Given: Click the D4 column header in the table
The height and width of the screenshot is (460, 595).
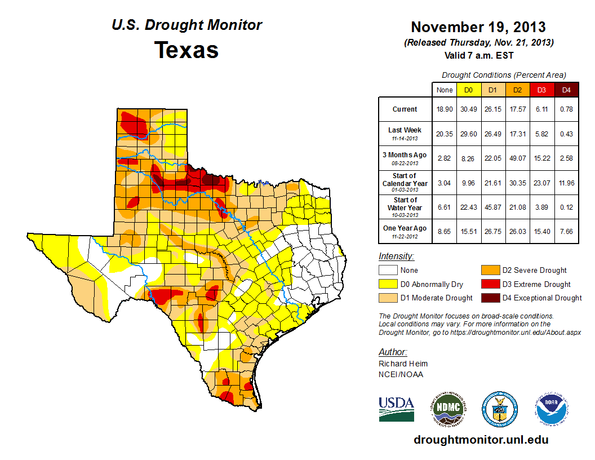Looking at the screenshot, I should pyautogui.click(x=567, y=90).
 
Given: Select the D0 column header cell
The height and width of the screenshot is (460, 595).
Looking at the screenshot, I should pyautogui.click(x=468, y=90).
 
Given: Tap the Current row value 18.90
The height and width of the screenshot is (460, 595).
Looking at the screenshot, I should pyautogui.click(x=444, y=109).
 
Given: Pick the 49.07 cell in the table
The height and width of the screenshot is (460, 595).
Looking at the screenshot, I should pyautogui.click(x=517, y=158).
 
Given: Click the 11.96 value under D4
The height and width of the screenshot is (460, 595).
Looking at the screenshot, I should pyautogui.click(x=567, y=183).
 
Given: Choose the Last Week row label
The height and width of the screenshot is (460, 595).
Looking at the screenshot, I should pyautogui.click(x=405, y=133).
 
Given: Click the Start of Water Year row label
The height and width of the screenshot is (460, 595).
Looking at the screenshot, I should pyautogui.click(x=405, y=207).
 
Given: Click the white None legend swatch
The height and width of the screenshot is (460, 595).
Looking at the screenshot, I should pyautogui.click(x=388, y=271).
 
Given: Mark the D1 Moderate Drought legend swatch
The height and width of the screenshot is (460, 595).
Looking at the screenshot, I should pyautogui.click(x=388, y=298).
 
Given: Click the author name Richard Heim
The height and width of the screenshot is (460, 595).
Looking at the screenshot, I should pyautogui.click(x=403, y=364).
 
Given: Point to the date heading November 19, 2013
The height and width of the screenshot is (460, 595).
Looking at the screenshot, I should pyautogui.click(x=478, y=26).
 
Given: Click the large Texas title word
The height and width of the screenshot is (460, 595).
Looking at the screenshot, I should pyautogui.click(x=187, y=50).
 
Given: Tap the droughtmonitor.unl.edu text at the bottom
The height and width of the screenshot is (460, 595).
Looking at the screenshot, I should pyautogui.click(x=481, y=440).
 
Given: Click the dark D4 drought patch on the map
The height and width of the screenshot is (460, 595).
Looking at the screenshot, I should pyautogui.click(x=211, y=180).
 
